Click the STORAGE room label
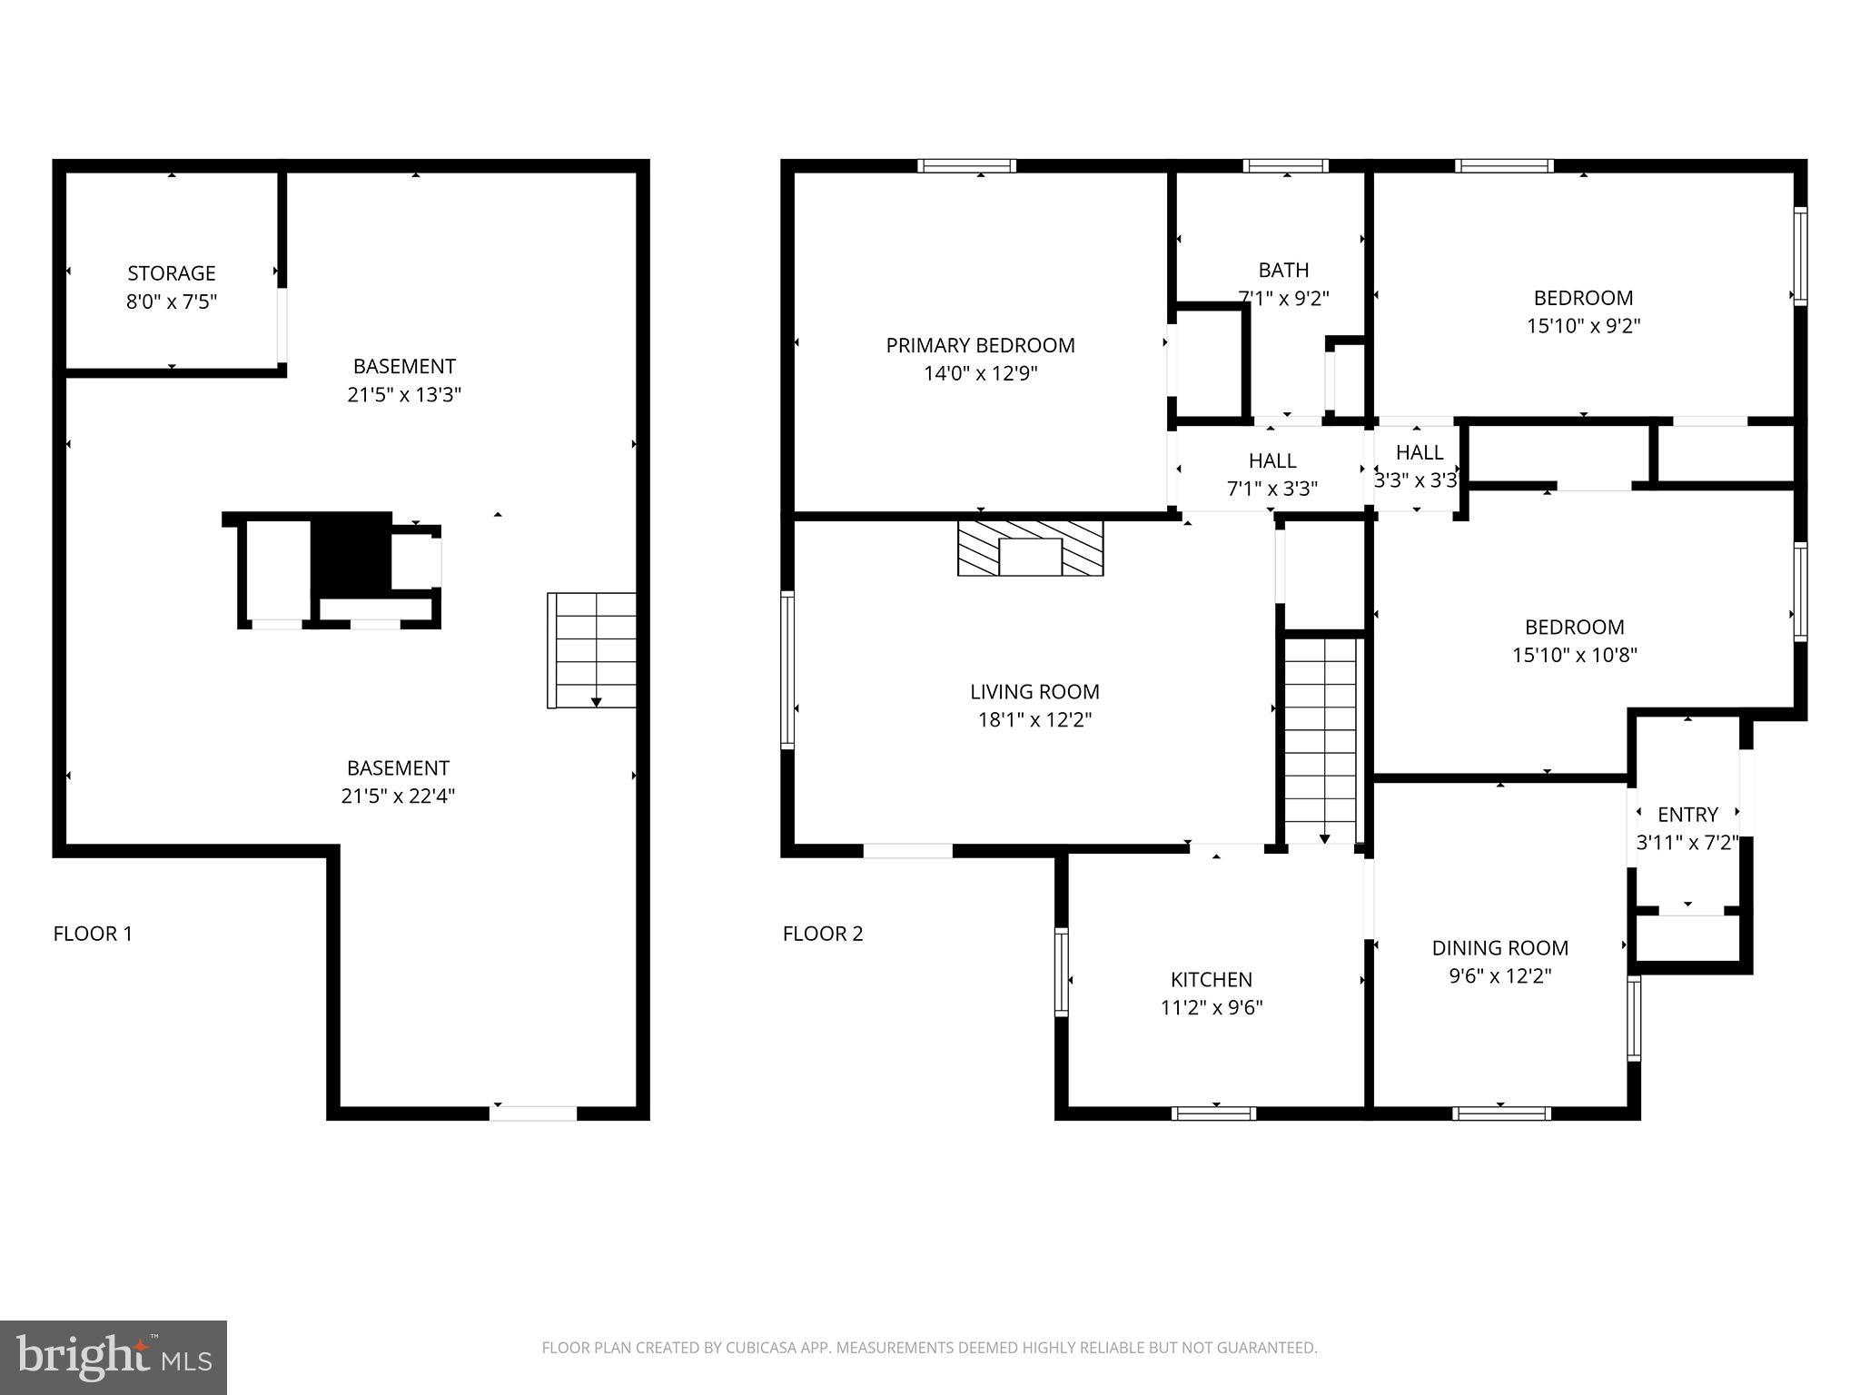click(172, 273)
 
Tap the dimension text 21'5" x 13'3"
click(404, 395)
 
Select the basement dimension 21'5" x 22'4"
click(398, 796)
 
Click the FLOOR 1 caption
click(93, 934)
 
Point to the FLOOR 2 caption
click(823, 934)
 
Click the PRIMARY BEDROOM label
click(980, 345)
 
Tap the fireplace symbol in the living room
click(1030, 549)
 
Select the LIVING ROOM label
click(1034, 692)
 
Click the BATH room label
click(1283, 270)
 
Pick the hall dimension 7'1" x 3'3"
click(1271, 490)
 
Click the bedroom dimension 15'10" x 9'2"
click(1583, 326)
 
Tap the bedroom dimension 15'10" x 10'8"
click(1574, 655)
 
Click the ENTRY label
click(1687, 815)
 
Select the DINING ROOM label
click(1499, 948)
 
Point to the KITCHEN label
click(1211, 980)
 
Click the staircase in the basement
click(592, 649)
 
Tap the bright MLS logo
click(114, 1357)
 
